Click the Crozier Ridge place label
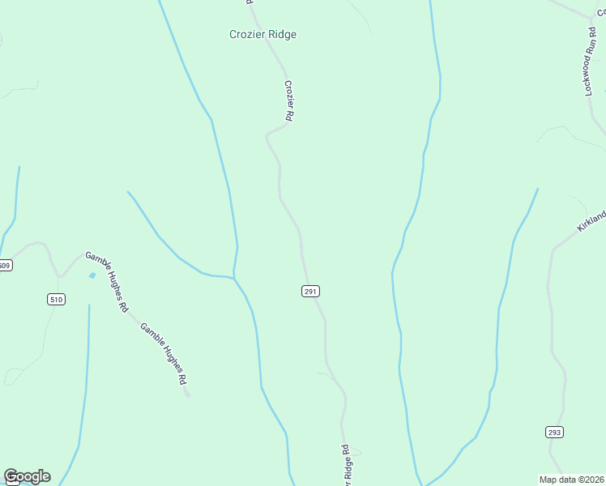pyautogui.click(x=262, y=35)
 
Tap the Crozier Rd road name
pyautogui.click(x=288, y=100)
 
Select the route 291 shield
pyautogui.click(x=310, y=292)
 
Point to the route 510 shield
pyautogui.click(x=55, y=300)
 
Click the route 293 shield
pyautogui.click(x=554, y=433)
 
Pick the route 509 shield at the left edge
pyautogui.click(x=5, y=266)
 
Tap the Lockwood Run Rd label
pyautogui.click(x=591, y=62)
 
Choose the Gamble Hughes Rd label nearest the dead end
pyautogui.click(x=164, y=353)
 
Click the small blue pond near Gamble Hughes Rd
pyautogui.click(x=92, y=276)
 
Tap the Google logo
pyautogui.click(x=27, y=476)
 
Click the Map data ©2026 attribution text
pyautogui.click(x=572, y=480)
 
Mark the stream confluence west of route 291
pyautogui.click(x=234, y=278)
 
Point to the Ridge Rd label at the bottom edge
pyautogui.click(x=346, y=466)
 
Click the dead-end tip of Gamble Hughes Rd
pyautogui.click(x=188, y=396)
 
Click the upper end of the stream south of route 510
pyautogui.click(x=88, y=305)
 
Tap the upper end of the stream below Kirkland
pyautogui.click(x=537, y=189)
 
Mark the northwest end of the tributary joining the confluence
pyautogui.click(x=128, y=192)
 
